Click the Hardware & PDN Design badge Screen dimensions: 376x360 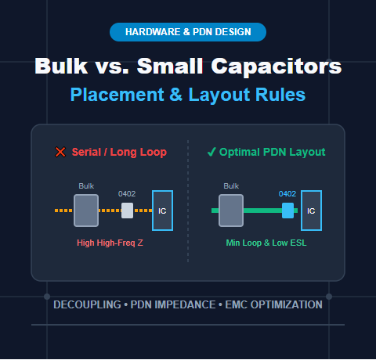[188, 32]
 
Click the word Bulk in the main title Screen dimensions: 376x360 [61, 66]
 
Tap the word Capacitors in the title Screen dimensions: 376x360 [277, 67]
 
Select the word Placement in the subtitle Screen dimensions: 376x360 [117, 95]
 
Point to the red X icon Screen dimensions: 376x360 [60, 152]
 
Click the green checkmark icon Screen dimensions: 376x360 [211, 152]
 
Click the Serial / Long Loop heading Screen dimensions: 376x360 [119, 152]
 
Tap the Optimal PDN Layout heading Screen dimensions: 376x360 [273, 152]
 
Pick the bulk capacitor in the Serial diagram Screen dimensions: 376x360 [86, 211]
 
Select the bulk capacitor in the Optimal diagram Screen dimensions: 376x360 [231, 211]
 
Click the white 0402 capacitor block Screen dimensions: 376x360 [127, 211]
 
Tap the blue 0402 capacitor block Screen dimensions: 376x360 [287, 211]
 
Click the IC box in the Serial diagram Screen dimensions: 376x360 [162, 211]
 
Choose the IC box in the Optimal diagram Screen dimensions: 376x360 [311, 211]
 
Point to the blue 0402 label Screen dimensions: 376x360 [287, 194]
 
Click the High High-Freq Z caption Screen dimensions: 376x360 [110, 243]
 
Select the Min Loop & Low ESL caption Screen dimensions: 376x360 [266, 243]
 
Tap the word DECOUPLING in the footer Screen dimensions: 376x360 [87, 304]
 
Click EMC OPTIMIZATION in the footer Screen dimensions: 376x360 [273, 304]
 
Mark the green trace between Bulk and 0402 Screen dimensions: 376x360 [262, 211]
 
